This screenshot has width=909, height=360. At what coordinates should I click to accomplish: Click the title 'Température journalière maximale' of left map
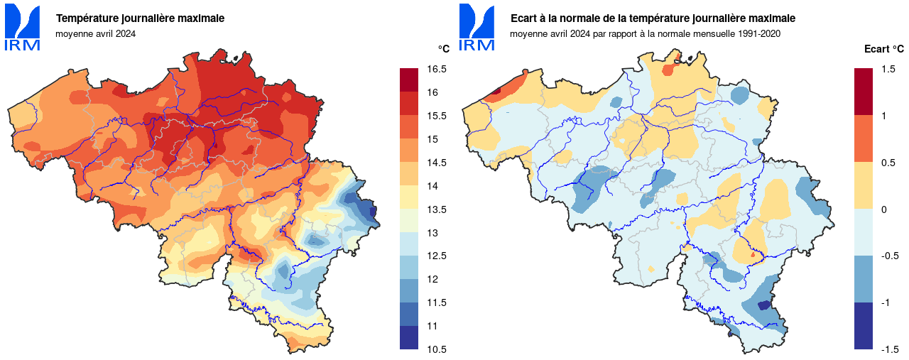(140, 18)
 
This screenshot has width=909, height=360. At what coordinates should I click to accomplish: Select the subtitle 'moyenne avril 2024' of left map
(95, 33)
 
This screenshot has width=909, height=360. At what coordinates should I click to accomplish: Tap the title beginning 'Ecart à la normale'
(653, 18)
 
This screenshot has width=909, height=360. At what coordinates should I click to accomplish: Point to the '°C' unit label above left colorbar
(443, 49)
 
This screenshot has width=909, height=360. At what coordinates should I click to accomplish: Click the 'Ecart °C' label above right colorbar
(883, 49)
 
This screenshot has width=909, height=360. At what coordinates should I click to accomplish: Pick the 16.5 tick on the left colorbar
(437, 69)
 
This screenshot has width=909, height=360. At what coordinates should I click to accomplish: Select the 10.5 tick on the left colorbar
(437, 349)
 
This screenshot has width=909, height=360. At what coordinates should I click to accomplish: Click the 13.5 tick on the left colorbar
(437, 209)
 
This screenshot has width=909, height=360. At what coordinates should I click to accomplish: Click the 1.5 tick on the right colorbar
(888, 69)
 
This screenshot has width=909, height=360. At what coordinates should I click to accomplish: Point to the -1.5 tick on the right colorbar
(889, 349)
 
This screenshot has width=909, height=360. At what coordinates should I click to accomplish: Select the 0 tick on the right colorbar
(884, 209)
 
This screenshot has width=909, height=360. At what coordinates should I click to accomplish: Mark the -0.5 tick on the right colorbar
(889, 256)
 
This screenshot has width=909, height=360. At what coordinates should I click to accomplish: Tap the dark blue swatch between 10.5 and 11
(409, 337)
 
